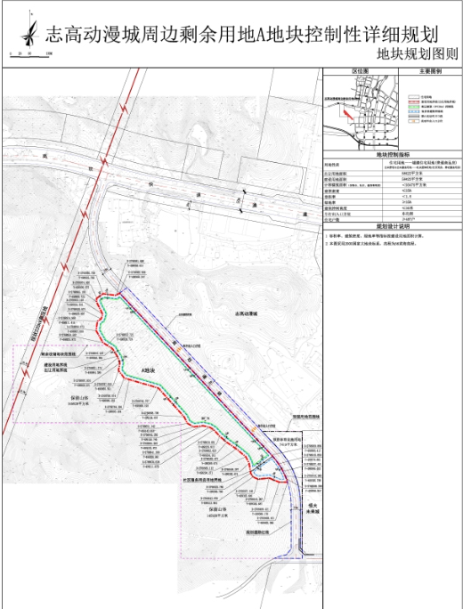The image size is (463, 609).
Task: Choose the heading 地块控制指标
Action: [392, 155]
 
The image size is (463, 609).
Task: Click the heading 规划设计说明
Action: [392, 225]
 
